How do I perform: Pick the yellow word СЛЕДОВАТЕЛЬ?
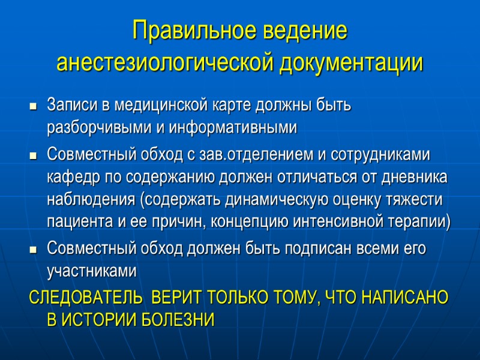click(86, 298)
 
